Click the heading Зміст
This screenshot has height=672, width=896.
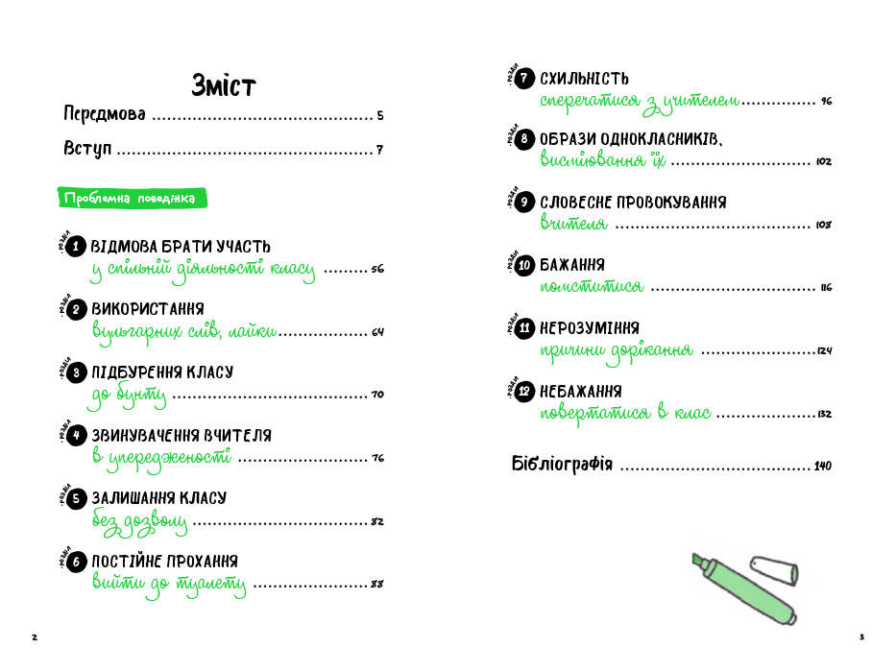click(x=224, y=85)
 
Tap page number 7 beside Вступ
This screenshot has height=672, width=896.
click(x=379, y=151)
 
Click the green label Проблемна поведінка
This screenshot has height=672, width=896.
click(x=130, y=199)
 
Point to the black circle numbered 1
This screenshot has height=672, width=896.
click(x=77, y=247)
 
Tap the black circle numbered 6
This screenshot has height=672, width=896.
click(x=77, y=562)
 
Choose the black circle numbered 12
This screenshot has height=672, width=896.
click(x=524, y=392)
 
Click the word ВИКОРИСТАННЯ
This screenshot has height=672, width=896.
click(x=147, y=309)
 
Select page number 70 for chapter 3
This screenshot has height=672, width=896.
click(x=376, y=395)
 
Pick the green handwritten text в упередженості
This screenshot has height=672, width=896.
click(x=161, y=457)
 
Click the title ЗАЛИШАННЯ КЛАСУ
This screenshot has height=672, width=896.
click(x=158, y=498)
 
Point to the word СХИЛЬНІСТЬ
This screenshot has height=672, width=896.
click(x=584, y=78)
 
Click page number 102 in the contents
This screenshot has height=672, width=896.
click(x=823, y=162)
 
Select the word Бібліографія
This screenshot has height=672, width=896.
click(x=561, y=465)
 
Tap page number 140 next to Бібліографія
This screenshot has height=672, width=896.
click(x=822, y=467)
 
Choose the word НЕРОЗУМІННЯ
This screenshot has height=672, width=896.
click(x=590, y=328)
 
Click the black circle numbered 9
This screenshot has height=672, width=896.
click(x=524, y=203)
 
